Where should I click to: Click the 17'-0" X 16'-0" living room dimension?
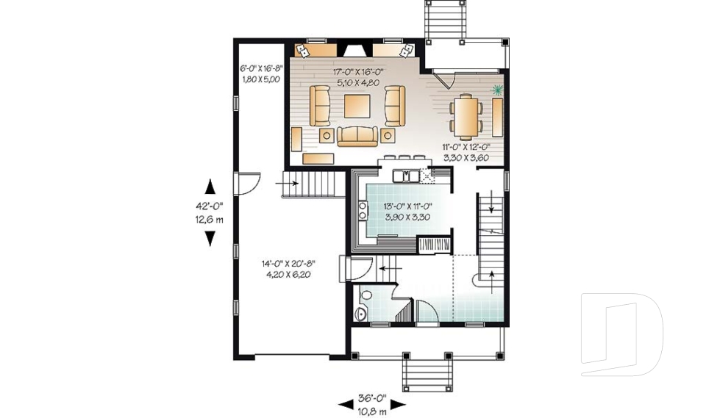pyautogui.click(x=358, y=72)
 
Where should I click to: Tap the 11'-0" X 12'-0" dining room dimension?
pyautogui.click(x=466, y=147)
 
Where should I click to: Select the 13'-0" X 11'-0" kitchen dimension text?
pyautogui.click(x=407, y=206)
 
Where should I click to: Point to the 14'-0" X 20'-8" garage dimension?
pyautogui.click(x=288, y=264)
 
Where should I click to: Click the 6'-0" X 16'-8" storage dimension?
pyautogui.click(x=261, y=68)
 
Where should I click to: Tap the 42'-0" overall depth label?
pyautogui.click(x=210, y=206)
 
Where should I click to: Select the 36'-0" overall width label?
pyautogui.click(x=372, y=397)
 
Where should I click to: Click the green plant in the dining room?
pyautogui.click(x=498, y=90)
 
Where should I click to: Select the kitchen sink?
pyautogui.click(x=406, y=176)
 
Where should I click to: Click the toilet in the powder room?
pyautogui.click(x=366, y=295)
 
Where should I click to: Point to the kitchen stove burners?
pyautogui.click(x=362, y=211)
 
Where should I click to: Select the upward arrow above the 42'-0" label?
pyautogui.click(x=210, y=187)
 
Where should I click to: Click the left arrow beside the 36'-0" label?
pyautogui.click(x=346, y=405)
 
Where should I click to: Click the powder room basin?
pyautogui.click(x=360, y=314)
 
